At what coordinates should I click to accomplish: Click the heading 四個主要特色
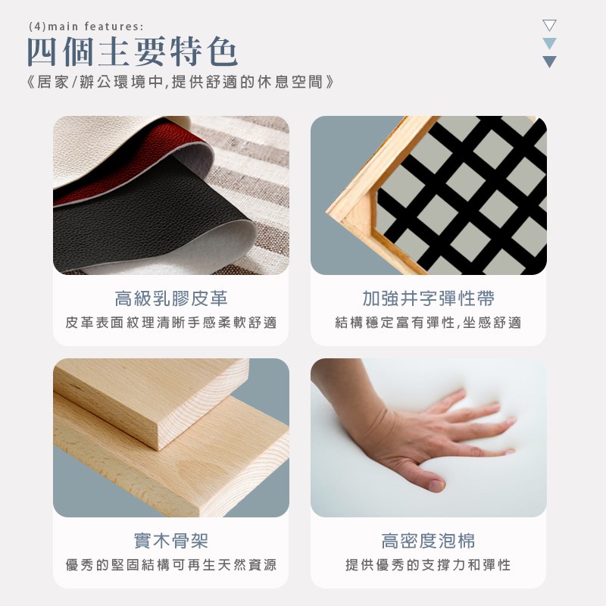132,52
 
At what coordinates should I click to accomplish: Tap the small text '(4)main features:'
86,27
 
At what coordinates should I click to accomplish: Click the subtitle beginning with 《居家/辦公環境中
181,82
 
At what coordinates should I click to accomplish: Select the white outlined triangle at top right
549,25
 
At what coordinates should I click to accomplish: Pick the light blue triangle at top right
549,43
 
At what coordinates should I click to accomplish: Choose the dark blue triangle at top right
549,61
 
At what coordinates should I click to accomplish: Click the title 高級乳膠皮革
171,298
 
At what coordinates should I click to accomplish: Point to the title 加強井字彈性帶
428,298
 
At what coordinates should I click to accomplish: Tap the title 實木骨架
171,541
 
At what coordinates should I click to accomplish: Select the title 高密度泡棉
428,541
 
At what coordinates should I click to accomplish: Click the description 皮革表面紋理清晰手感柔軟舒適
171,323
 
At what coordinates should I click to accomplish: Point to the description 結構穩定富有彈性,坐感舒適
428,323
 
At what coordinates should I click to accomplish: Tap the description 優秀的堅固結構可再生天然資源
171,564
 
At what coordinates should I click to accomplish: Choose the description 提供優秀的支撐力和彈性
428,564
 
